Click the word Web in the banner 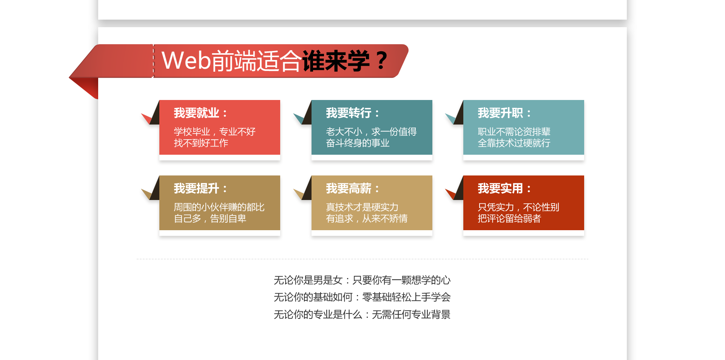point(186,60)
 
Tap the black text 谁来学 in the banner point(335,61)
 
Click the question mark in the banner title point(382,60)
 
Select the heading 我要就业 point(196,113)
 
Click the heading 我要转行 point(349,113)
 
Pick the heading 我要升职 point(500,113)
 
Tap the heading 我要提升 point(196,188)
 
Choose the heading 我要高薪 point(349,188)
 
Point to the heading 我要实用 point(500,188)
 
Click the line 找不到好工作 point(201,143)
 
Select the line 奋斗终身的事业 point(358,143)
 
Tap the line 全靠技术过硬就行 point(514,143)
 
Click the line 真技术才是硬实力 point(362,207)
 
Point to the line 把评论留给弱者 point(509,218)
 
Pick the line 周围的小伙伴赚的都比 point(219,207)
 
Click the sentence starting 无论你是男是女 point(362,280)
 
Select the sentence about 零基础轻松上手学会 point(362,297)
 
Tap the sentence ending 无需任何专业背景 point(362,314)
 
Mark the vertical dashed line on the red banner point(153,61)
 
